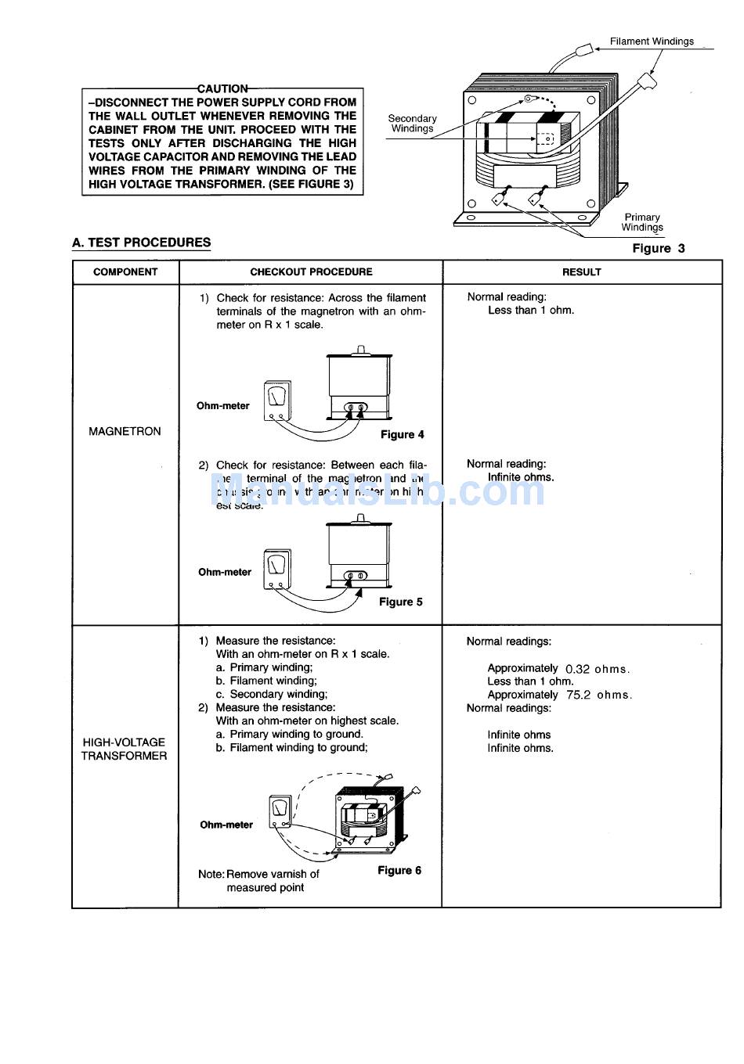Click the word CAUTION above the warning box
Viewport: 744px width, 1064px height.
222,89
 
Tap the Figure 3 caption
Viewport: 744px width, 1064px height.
658,249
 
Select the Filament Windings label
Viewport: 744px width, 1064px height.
652,41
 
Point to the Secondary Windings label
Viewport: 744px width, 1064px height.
412,124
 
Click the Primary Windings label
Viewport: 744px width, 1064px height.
642,222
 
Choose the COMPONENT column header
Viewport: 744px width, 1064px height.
125,272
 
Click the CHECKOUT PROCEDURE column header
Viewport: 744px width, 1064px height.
311,272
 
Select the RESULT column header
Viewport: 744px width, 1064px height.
581,272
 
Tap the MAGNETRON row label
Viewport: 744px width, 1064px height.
125,431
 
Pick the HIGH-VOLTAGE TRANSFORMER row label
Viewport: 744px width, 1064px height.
124,749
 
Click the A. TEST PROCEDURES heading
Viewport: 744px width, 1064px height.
141,243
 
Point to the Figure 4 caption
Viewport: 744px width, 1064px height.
403,435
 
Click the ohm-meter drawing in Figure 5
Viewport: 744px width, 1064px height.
277,568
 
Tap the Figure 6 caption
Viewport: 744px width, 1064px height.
399,871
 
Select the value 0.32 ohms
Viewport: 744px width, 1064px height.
597,669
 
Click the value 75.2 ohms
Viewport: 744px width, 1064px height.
598,695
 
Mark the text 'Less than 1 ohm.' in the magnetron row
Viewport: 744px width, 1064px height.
531,311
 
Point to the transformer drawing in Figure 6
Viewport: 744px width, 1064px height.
370,818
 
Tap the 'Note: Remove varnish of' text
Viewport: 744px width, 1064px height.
258,874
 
